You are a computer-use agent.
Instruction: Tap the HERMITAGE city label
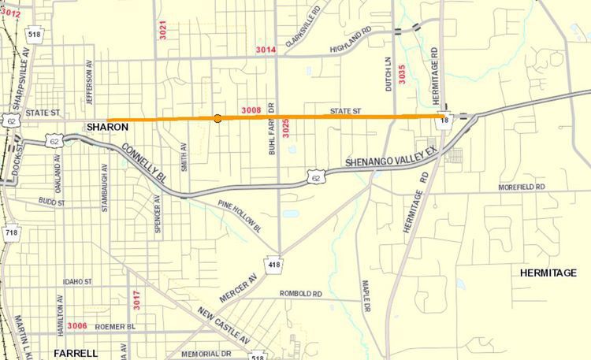pos(548,273)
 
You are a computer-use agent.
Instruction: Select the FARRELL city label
pos(75,353)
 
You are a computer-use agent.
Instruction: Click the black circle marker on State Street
pos(217,118)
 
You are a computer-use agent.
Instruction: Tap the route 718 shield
pos(11,232)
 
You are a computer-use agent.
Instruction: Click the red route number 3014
pos(266,50)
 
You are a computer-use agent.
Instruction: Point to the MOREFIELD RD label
pos(522,187)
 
